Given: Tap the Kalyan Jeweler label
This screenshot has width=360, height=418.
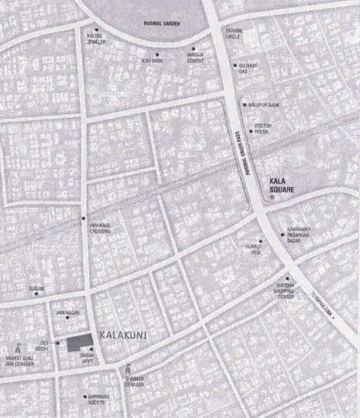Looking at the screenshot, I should [97, 38].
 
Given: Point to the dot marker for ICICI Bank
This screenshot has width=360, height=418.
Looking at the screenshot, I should [157, 54].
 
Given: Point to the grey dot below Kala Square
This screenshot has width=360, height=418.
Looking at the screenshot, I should [272, 199].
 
